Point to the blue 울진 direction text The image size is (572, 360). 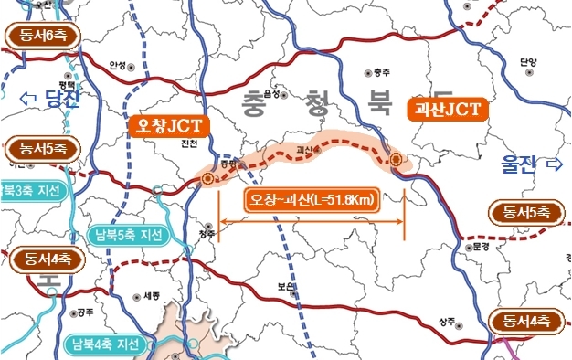point(517,164)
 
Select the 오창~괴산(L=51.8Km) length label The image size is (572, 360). point(312,200)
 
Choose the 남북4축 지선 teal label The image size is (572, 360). point(106,344)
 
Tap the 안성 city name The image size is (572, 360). point(116,65)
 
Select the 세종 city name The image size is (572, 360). point(151,295)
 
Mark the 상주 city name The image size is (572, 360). point(446,321)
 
